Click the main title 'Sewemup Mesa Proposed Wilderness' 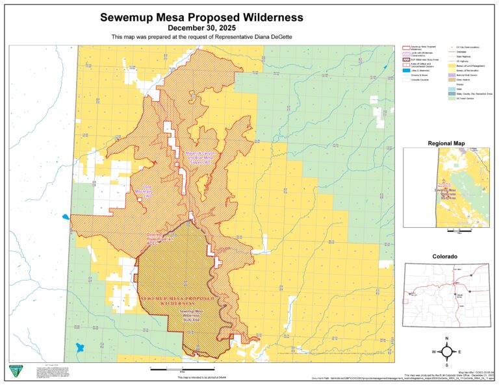pos(201,18)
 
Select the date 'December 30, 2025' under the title pos(201,29)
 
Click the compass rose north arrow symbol pos(448,351)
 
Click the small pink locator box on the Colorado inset pos(407,301)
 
